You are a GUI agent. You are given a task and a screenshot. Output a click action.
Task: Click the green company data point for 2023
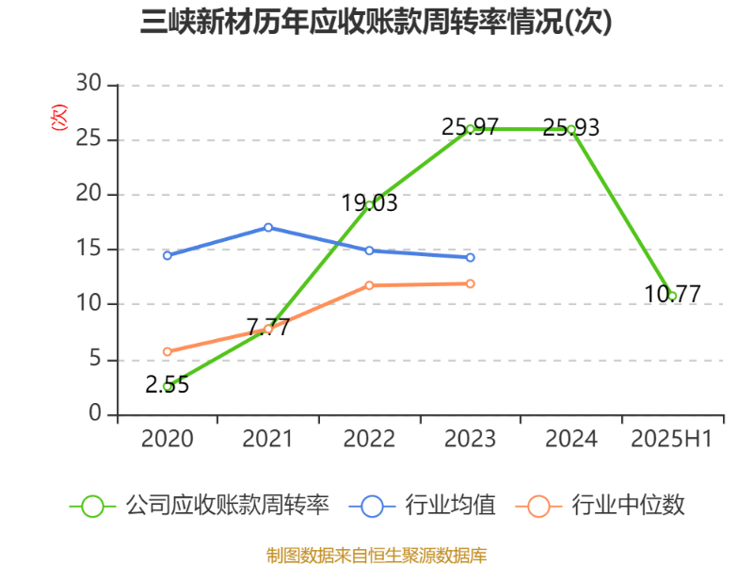470,128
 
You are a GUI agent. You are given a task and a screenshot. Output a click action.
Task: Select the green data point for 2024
570,129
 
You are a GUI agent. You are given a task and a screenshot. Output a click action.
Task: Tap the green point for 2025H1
672,296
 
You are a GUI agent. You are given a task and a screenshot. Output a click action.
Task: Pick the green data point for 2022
369,204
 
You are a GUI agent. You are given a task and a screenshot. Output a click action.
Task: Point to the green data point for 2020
168,385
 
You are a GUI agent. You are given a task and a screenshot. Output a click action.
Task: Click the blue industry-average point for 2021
268,227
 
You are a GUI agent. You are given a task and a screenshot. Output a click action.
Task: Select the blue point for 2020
168,255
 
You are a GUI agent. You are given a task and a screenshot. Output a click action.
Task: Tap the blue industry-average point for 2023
470,257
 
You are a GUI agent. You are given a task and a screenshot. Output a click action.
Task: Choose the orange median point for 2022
369,284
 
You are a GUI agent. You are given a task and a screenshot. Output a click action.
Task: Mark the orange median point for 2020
168,351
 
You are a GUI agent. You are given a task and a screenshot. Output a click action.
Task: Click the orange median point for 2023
470,283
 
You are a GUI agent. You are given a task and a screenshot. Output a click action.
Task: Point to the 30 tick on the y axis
88,84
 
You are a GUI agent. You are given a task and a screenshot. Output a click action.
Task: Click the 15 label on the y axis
88,250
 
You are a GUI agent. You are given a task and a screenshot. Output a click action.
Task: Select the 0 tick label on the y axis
94,413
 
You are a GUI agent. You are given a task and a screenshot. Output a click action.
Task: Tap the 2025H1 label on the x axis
671,440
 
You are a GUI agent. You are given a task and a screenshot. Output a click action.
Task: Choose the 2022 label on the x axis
369,440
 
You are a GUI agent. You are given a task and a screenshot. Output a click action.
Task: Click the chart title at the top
376,22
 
